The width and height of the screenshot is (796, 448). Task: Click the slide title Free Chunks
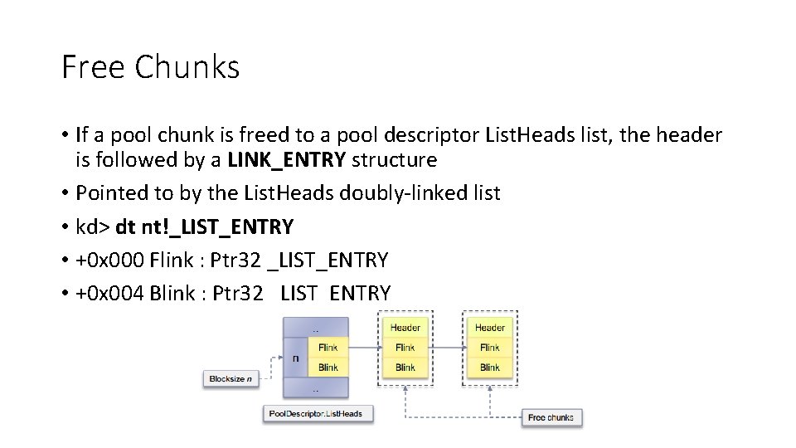(x=150, y=67)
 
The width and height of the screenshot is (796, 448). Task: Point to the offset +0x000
(x=110, y=260)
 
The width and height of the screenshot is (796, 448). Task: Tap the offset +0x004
(x=110, y=293)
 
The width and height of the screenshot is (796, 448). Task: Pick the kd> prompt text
(x=93, y=226)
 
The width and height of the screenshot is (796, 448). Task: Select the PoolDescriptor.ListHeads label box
(x=318, y=413)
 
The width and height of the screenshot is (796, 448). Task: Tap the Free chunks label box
(x=551, y=416)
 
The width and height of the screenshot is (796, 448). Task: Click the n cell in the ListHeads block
(x=296, y=358)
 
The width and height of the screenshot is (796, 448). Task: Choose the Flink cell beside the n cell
(x=328, y=348)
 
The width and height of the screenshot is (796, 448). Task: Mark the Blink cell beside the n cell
(x=328, y=368)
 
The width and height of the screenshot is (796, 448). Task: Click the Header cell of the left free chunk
(x=405, y=328)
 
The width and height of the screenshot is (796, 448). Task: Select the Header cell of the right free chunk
(x=490, y=328)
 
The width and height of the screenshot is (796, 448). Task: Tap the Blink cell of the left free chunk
(x=405, y=368)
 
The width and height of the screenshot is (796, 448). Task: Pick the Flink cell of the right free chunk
(x=490, y=348)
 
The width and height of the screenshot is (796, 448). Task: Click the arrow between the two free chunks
(x=448, y=348)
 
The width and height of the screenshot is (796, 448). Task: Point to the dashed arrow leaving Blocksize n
(x=267, y=368)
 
